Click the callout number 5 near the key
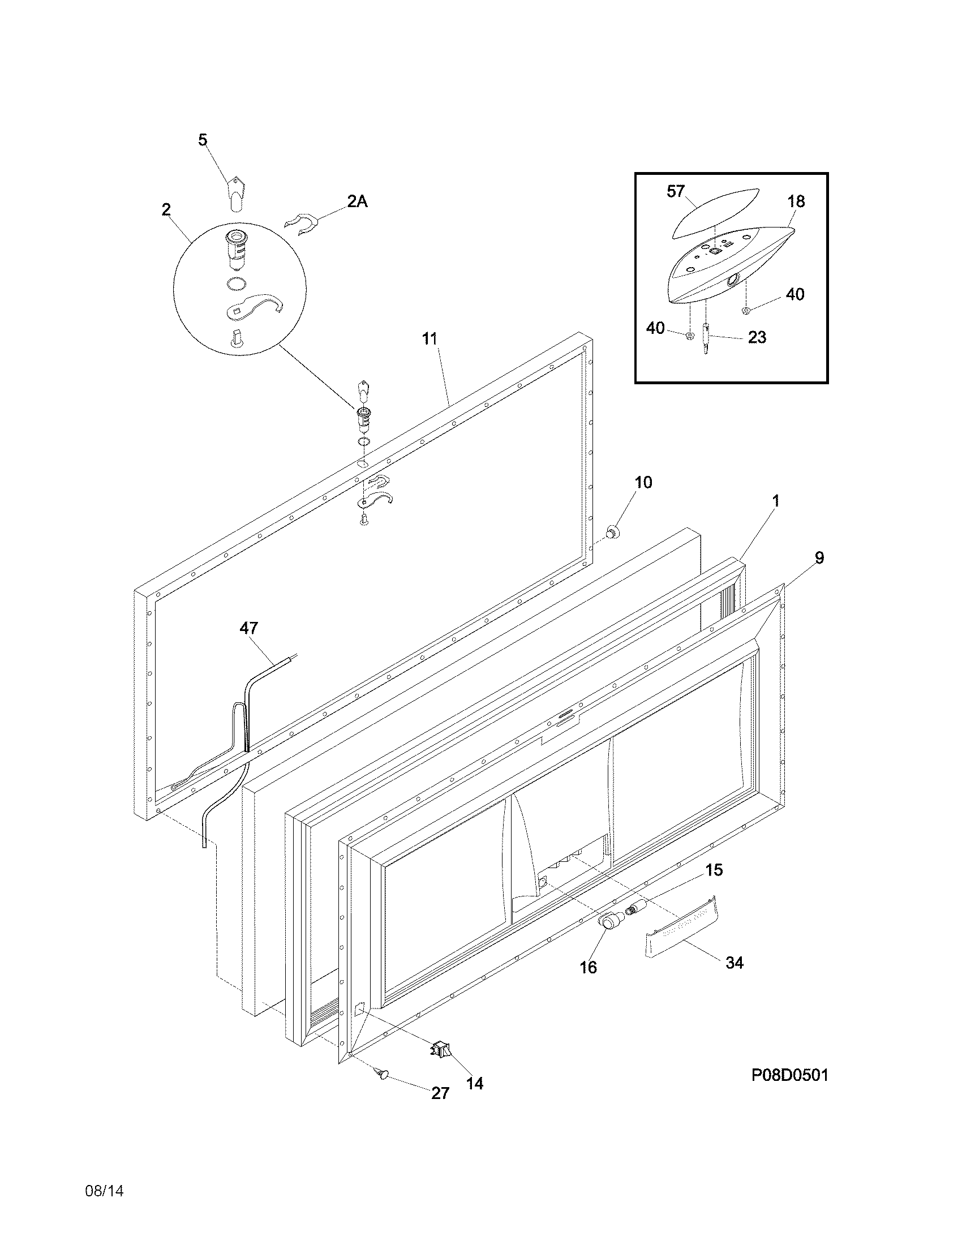203,140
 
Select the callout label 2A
357,201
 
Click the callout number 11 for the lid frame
430,338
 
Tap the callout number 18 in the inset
796,201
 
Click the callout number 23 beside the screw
757,337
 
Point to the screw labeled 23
707,338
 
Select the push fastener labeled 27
382,1074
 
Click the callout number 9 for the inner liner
819,557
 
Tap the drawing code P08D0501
789,1075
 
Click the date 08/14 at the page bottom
104,1191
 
